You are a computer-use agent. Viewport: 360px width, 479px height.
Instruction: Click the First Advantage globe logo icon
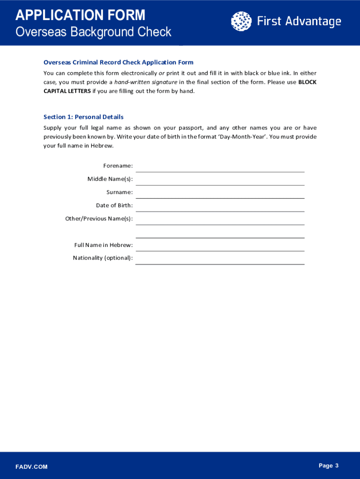coord(241,21)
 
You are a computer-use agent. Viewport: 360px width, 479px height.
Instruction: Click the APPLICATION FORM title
coord(80,15)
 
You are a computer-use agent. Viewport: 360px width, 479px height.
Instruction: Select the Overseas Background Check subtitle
coord(94,32)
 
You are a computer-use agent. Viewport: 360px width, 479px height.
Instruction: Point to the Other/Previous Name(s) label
coord(99,218)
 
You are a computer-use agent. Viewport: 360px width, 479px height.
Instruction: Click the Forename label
coord(118,166)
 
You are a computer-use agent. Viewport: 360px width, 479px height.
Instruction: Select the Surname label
coord(120,192)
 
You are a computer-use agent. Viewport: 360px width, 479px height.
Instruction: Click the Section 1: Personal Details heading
coord(83,117)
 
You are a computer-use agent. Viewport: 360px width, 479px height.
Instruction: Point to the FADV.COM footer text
coord(31,467)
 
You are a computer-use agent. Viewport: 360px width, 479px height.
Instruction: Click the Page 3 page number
coord(328,465)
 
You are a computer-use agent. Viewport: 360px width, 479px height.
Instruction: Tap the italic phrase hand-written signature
coord(146,82)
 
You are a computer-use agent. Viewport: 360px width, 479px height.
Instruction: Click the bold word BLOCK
coord(307,82)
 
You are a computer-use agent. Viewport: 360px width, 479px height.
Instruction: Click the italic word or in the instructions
coord(161,73)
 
